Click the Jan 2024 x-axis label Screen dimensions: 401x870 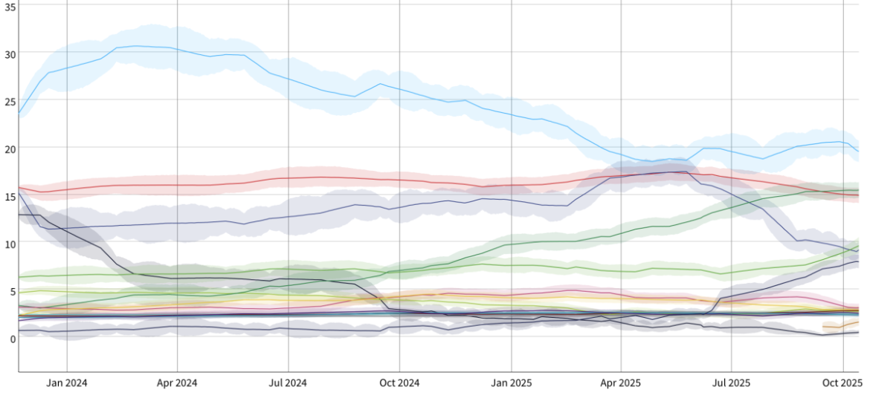click(x=67, y=383)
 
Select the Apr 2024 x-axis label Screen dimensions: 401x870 click(x=177, y=383)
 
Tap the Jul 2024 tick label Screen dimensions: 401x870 click(x=288, y=383)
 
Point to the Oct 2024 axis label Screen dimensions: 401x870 click(x=399, y=383)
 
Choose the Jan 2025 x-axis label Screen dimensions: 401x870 click(x=511, y=383)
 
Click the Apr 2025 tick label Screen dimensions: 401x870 click(x=621, y=383)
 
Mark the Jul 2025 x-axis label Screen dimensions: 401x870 click(x=731, y=383)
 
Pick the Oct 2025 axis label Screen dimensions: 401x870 click(x=842, y=383)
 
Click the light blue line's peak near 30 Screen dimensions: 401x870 click(x=135, y=46)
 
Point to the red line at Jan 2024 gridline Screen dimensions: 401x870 click(x=67, y=189)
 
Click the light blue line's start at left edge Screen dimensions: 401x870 click(x=19, y=113)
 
